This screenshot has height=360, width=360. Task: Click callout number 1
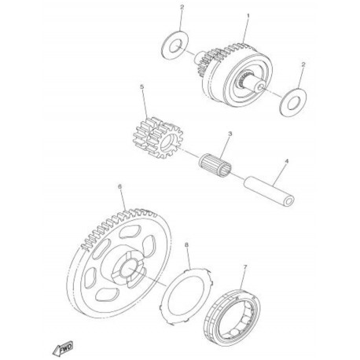[248, 16]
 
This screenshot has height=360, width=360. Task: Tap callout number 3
[230, 134]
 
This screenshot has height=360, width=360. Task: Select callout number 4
[286, 161]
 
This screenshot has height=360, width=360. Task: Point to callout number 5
[142, 87]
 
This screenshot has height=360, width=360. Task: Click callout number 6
[120, 186]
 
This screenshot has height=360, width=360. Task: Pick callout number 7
[245, 266]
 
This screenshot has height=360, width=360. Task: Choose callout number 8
[186, 244]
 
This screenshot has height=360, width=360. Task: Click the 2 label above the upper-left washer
[182, 7]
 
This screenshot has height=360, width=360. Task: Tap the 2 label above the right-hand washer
[303, 64]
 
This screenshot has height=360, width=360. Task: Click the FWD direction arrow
[63, 348]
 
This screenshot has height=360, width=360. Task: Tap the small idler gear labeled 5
[155, 138]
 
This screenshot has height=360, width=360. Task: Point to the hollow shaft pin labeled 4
[269, 193]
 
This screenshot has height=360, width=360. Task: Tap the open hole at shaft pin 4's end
[290, 202]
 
